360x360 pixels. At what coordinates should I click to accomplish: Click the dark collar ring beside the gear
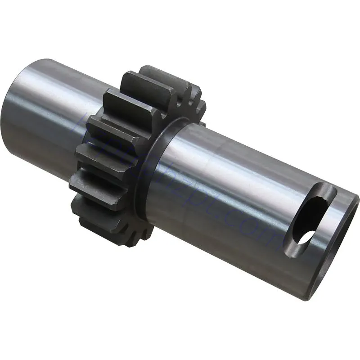[153, 157]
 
